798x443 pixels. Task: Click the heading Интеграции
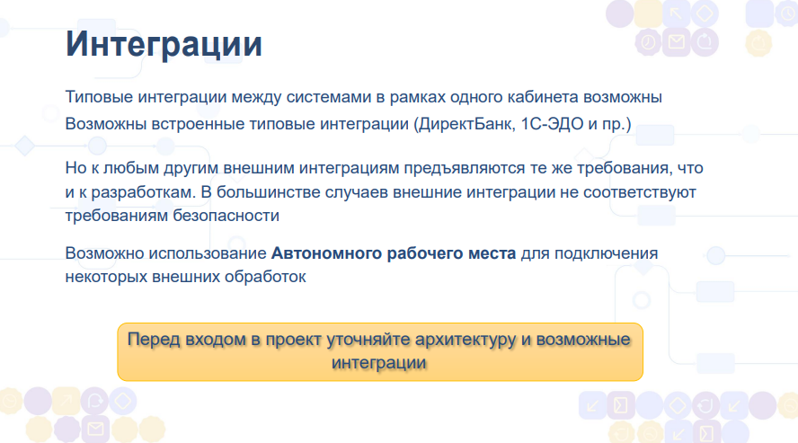tap(164, 45)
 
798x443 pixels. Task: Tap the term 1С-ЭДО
tap(552, 124)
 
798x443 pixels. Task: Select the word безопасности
tap(226, 215)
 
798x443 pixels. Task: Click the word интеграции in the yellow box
tap(379, 363)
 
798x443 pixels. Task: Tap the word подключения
tap(606, 253)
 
